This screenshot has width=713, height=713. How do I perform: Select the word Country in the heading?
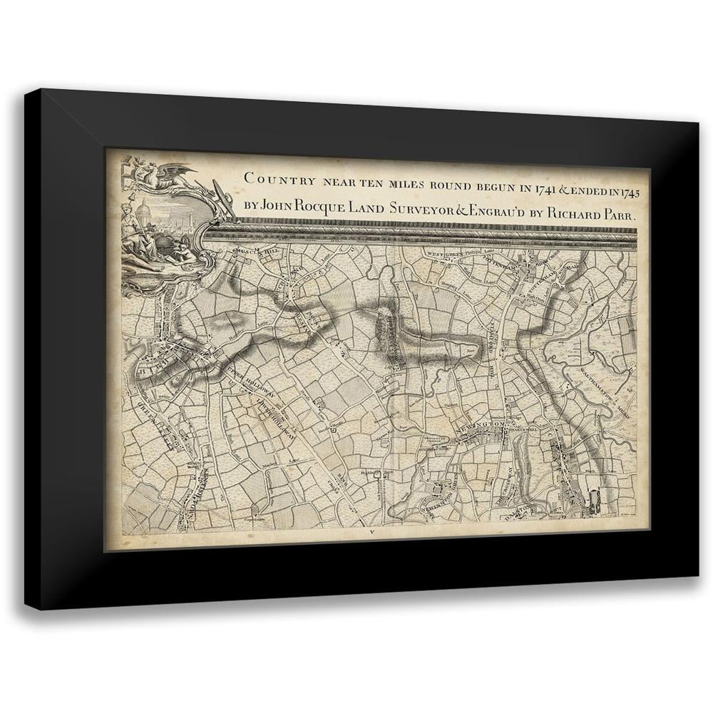pos(275,178)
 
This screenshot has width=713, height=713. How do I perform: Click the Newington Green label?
pos(442,492)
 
